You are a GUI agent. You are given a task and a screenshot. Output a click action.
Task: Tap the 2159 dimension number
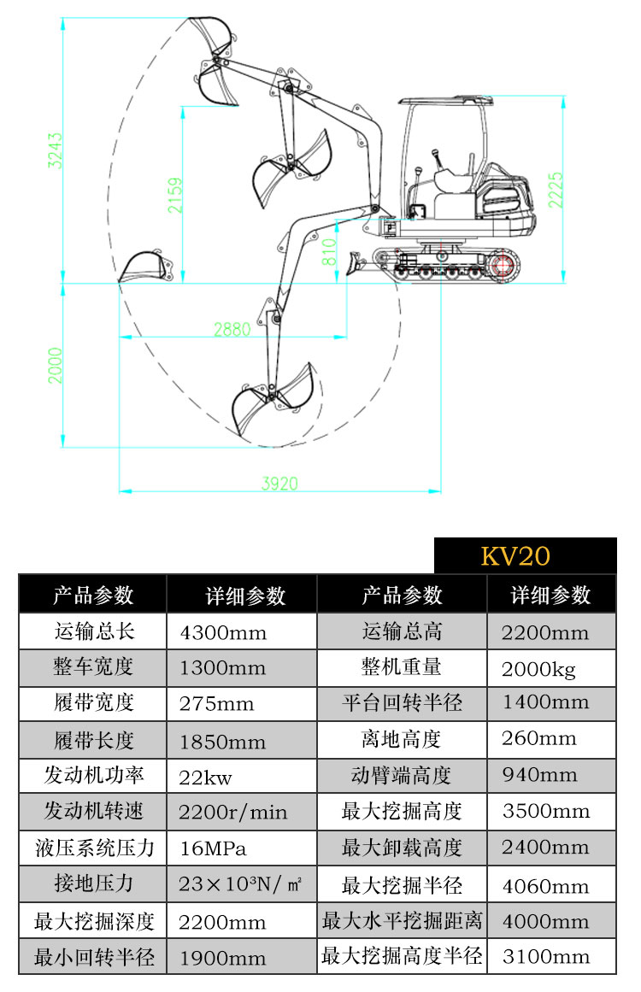(175, 195)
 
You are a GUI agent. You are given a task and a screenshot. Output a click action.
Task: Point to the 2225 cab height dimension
(556, 191)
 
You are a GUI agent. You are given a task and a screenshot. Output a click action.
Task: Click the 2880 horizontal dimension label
(232, 329)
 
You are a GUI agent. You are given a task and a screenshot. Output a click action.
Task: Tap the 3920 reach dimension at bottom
(279, 484)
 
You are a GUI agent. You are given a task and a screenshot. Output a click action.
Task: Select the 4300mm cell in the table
(223, 632)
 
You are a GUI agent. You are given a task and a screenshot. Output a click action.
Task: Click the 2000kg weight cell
(539, 669)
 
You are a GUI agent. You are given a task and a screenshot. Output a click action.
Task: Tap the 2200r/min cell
(233, 812)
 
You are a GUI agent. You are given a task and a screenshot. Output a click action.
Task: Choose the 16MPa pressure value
(213, 848)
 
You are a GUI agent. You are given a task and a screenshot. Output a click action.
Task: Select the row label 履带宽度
(93, 703)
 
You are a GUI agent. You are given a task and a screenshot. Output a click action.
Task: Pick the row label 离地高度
(402, 739)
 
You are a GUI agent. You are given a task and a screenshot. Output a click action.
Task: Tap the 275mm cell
(217, 704)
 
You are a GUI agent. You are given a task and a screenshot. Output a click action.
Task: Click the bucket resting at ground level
(144, 267)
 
